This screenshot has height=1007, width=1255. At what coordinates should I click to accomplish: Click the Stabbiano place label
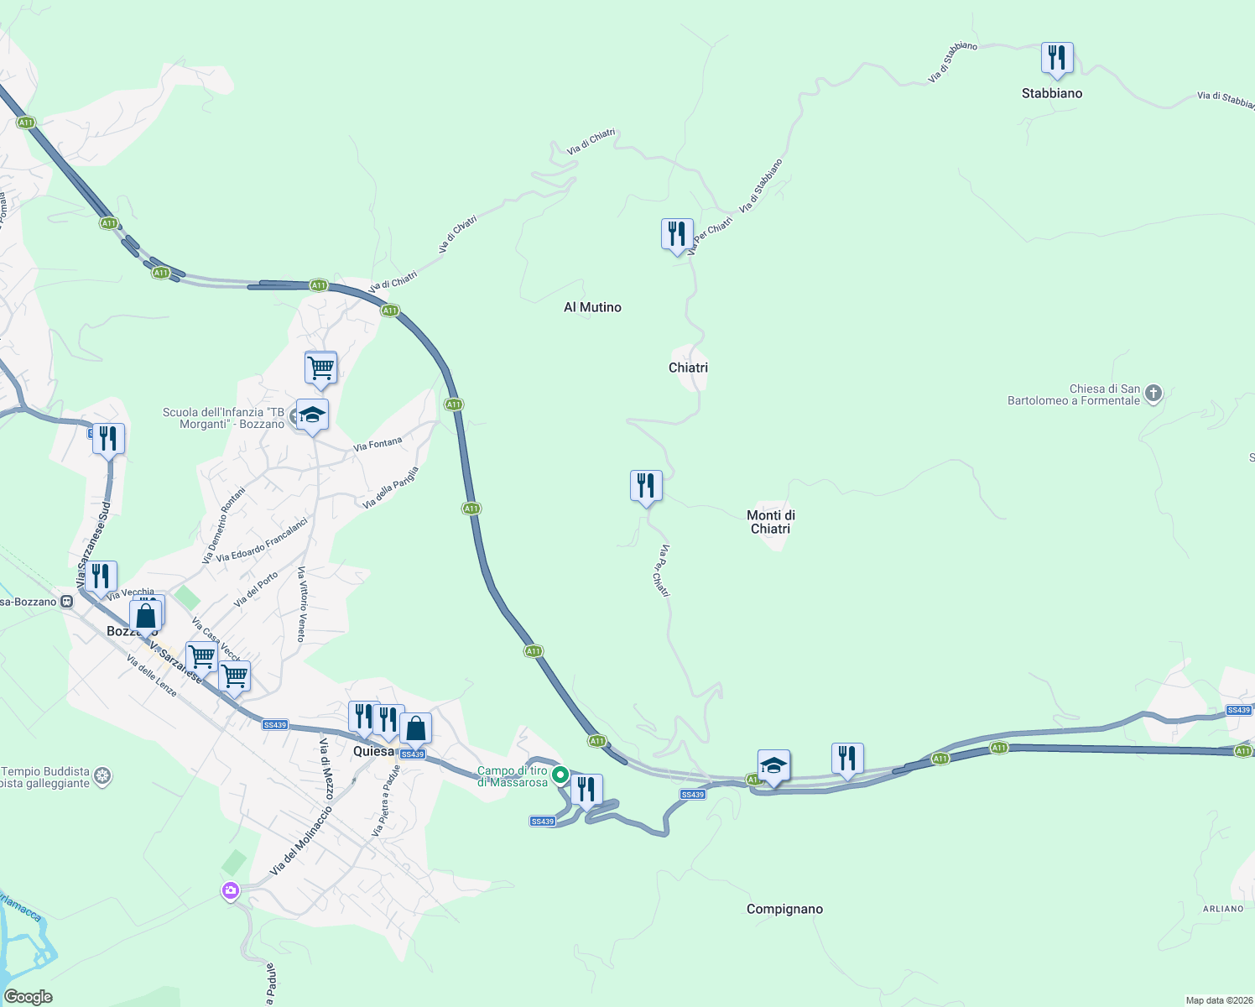1051,93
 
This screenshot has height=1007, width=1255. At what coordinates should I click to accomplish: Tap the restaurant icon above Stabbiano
1057,59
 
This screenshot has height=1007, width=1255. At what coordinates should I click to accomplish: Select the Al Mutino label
592,307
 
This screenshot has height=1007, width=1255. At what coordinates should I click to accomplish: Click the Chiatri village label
688,368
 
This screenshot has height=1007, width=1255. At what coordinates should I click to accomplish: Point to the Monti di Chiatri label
770,522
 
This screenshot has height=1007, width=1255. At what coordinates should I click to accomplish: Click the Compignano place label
784,909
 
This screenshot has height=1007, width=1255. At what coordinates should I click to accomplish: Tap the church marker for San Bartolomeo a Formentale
1153,394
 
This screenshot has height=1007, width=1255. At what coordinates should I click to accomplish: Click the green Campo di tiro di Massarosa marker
560,775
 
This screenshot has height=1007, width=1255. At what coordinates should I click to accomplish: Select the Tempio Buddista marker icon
102,775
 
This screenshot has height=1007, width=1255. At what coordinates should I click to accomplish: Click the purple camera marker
231,890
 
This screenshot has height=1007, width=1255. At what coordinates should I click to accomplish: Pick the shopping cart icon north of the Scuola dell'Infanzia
320,368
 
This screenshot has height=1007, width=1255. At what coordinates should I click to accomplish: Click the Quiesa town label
373,751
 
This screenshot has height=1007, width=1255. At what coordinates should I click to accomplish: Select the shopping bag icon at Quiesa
415,728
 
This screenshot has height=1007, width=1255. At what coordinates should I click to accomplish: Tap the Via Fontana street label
378,444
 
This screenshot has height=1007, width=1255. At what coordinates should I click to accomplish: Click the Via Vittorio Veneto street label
301,604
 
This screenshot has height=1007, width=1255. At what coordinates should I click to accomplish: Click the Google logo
29,997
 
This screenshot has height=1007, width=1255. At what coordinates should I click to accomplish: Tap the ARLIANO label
1222,909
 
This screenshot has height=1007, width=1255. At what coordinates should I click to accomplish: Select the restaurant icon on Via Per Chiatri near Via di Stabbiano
677,235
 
